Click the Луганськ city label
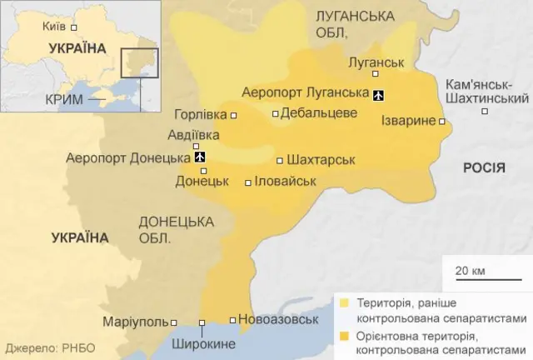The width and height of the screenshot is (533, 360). click(376, 62)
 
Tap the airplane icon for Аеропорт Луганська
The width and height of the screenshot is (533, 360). click(379, 93)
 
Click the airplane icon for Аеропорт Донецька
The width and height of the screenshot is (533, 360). click(199, 157)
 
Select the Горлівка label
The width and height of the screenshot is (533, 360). click(201, 115)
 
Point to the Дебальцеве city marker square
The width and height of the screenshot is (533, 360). click(276, 113)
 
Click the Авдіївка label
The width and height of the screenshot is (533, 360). click(193, 134)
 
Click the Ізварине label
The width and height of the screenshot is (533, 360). click(407, 122)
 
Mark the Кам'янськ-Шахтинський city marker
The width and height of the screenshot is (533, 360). click(485, 111)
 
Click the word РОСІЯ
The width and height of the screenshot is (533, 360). click(484, 167)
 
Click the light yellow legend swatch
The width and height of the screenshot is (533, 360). click(345, 302)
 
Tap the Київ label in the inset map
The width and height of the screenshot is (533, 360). click(53, 26)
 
